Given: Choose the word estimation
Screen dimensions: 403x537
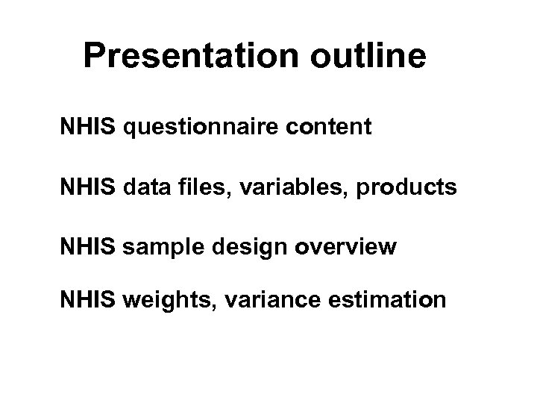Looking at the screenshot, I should (385, 300).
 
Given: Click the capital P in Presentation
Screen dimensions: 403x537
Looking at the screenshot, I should (94, 56).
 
